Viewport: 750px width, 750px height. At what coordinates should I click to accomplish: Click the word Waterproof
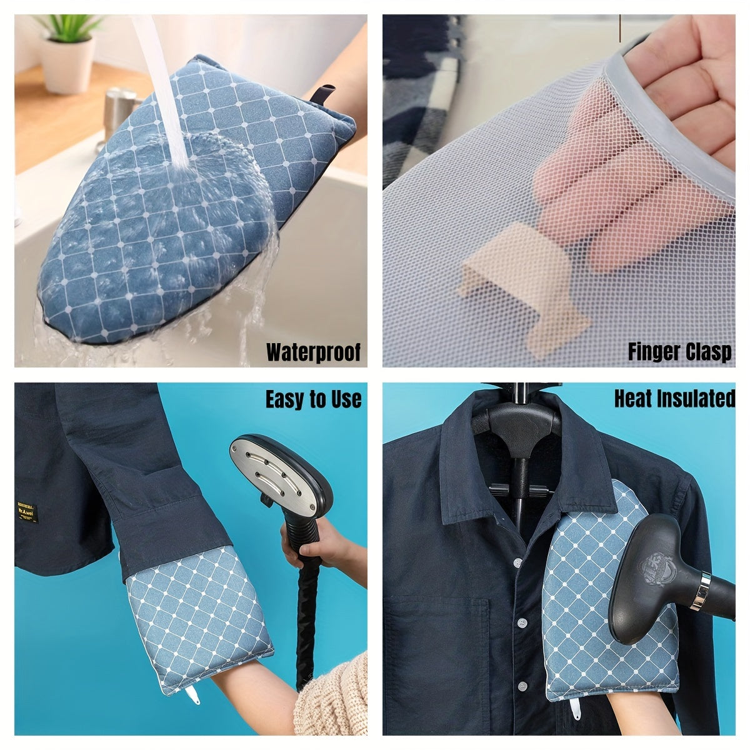coord(313,352)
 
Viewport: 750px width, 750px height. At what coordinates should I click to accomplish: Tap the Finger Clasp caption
coord(679,352)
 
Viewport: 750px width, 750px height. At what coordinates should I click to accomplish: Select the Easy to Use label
coord(313,400)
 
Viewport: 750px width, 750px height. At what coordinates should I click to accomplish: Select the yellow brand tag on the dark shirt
coord(27,513)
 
